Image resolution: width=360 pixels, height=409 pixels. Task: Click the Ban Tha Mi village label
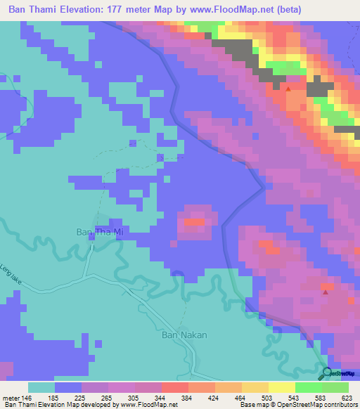[98, 231]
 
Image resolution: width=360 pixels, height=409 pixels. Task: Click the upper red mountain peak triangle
[288, 89]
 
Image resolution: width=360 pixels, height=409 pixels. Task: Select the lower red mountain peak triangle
[324, 292]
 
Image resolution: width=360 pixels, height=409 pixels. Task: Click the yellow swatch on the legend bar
[282, 388]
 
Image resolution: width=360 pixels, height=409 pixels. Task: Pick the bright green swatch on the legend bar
[309, 388]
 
